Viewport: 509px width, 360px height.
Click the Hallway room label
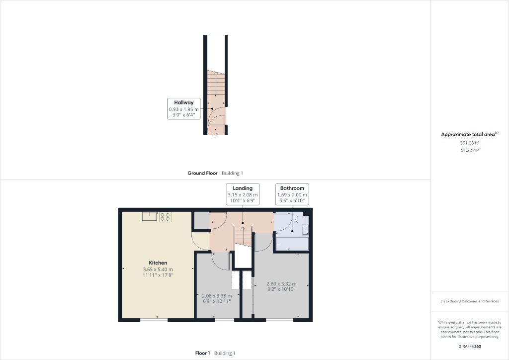(x=184, y=102)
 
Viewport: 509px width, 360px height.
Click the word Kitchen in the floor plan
(x=158, y=263)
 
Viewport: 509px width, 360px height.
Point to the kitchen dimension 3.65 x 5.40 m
(x=158, y=269)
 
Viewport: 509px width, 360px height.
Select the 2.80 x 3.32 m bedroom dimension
(x=281, y=284)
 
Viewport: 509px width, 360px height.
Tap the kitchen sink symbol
(x=149, y=216)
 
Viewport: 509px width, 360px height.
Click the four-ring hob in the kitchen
(x=165, y=217)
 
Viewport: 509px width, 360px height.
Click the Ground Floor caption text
(x=202, y=173)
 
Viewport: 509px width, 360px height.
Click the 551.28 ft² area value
(x=469, y=143)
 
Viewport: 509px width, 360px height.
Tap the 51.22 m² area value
(x=469, y=150)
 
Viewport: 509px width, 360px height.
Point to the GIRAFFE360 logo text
(x=469, y=346)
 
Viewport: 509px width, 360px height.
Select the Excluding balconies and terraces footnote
(x=469, y=301)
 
